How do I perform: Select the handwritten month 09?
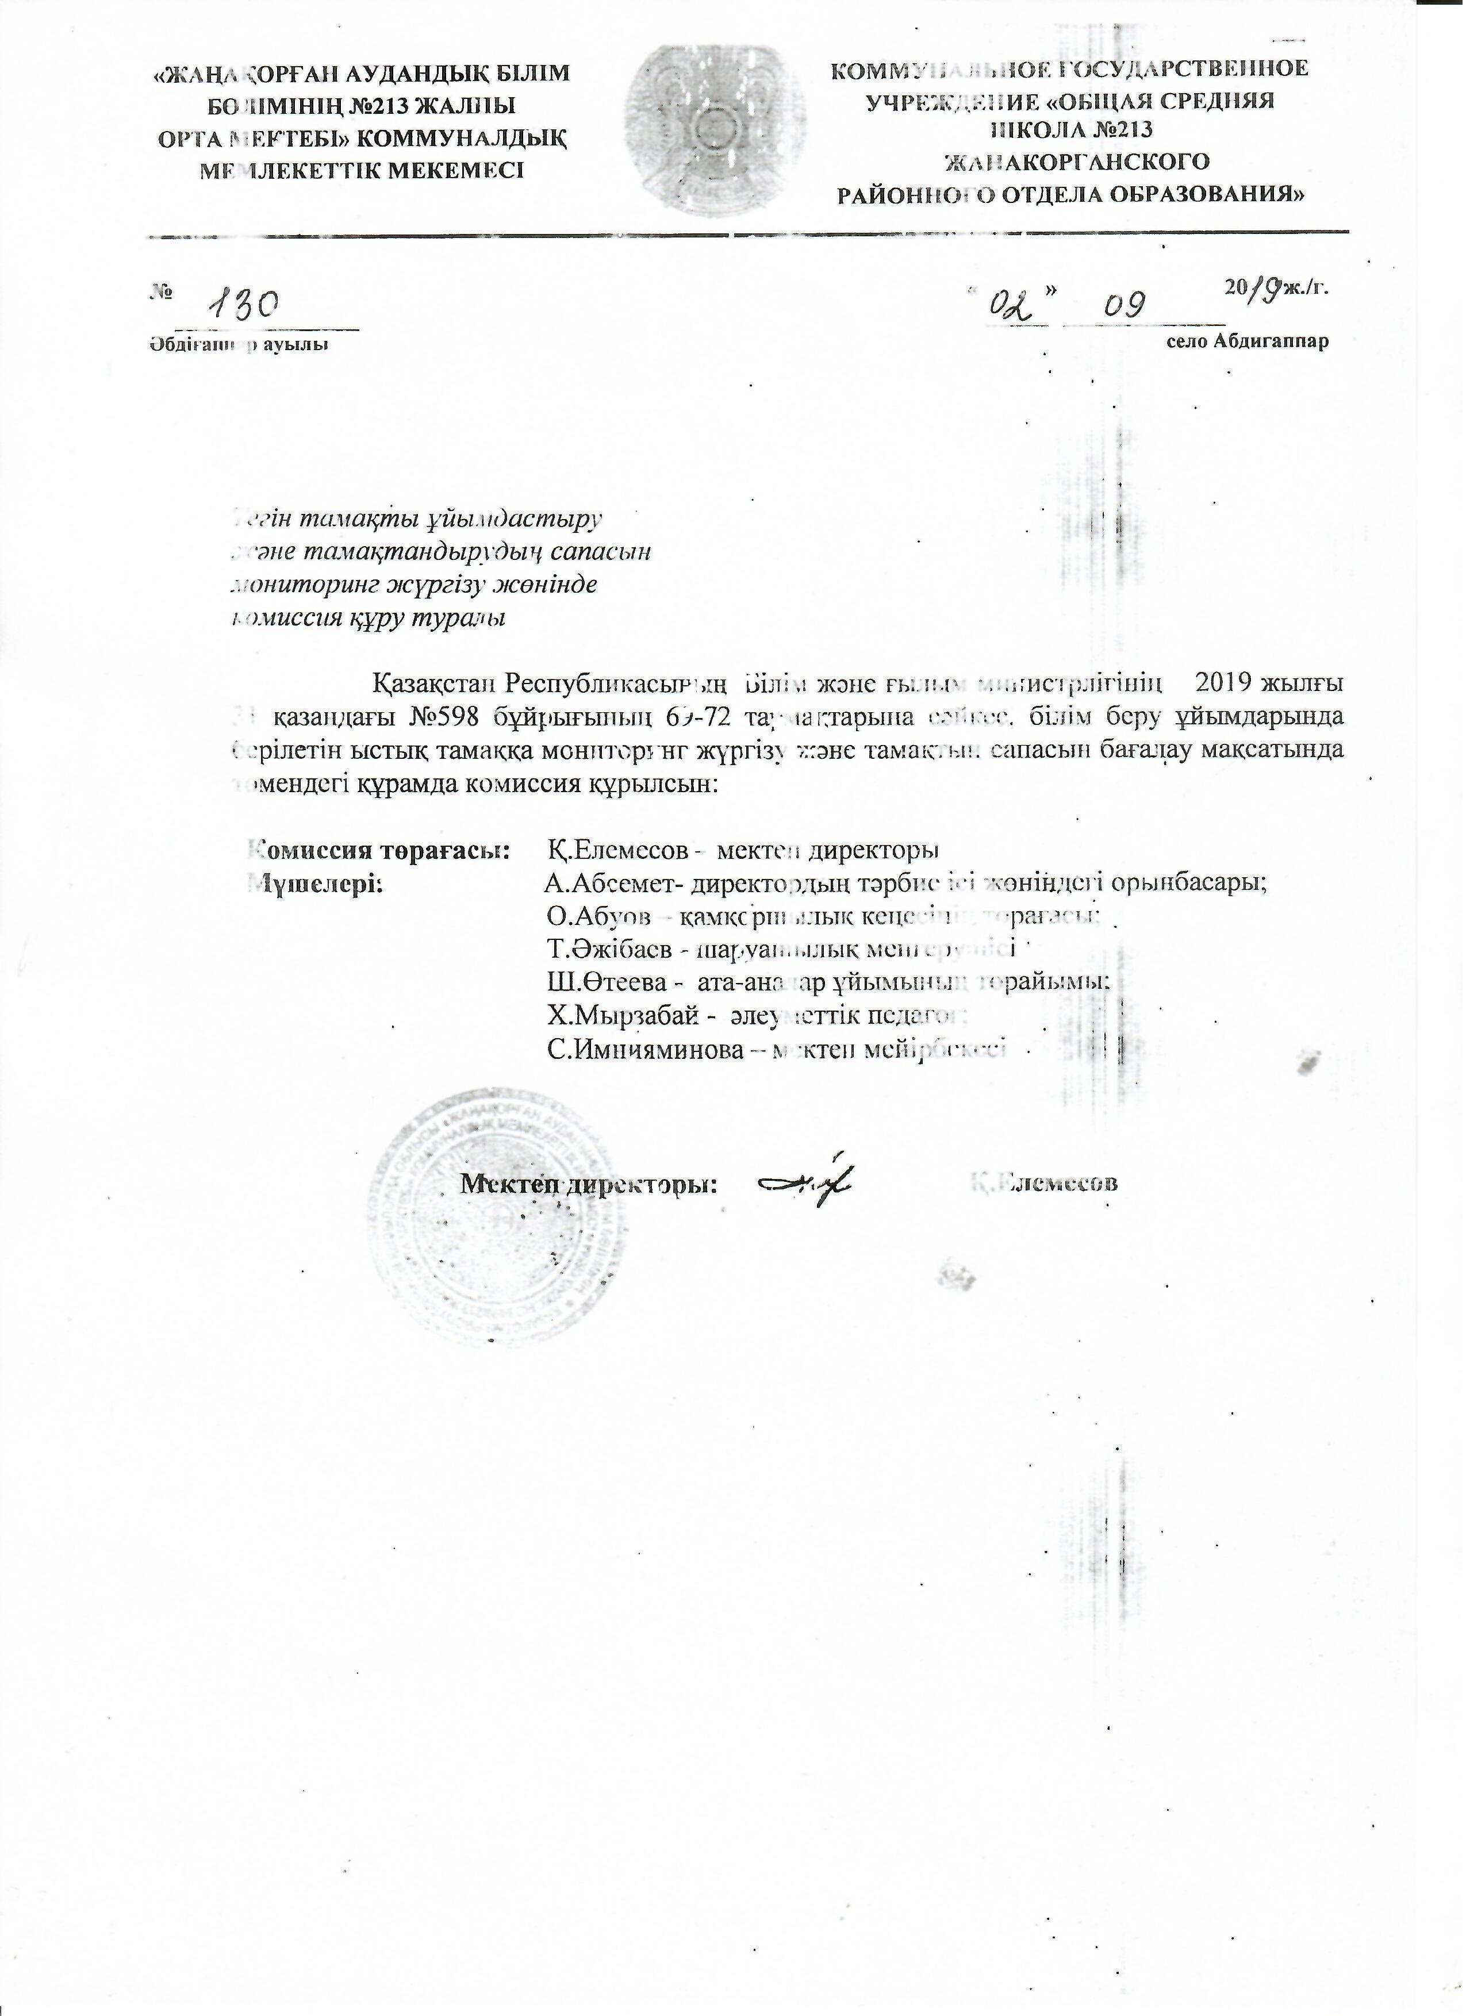pyautogui.click(x=1125, y=306)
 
